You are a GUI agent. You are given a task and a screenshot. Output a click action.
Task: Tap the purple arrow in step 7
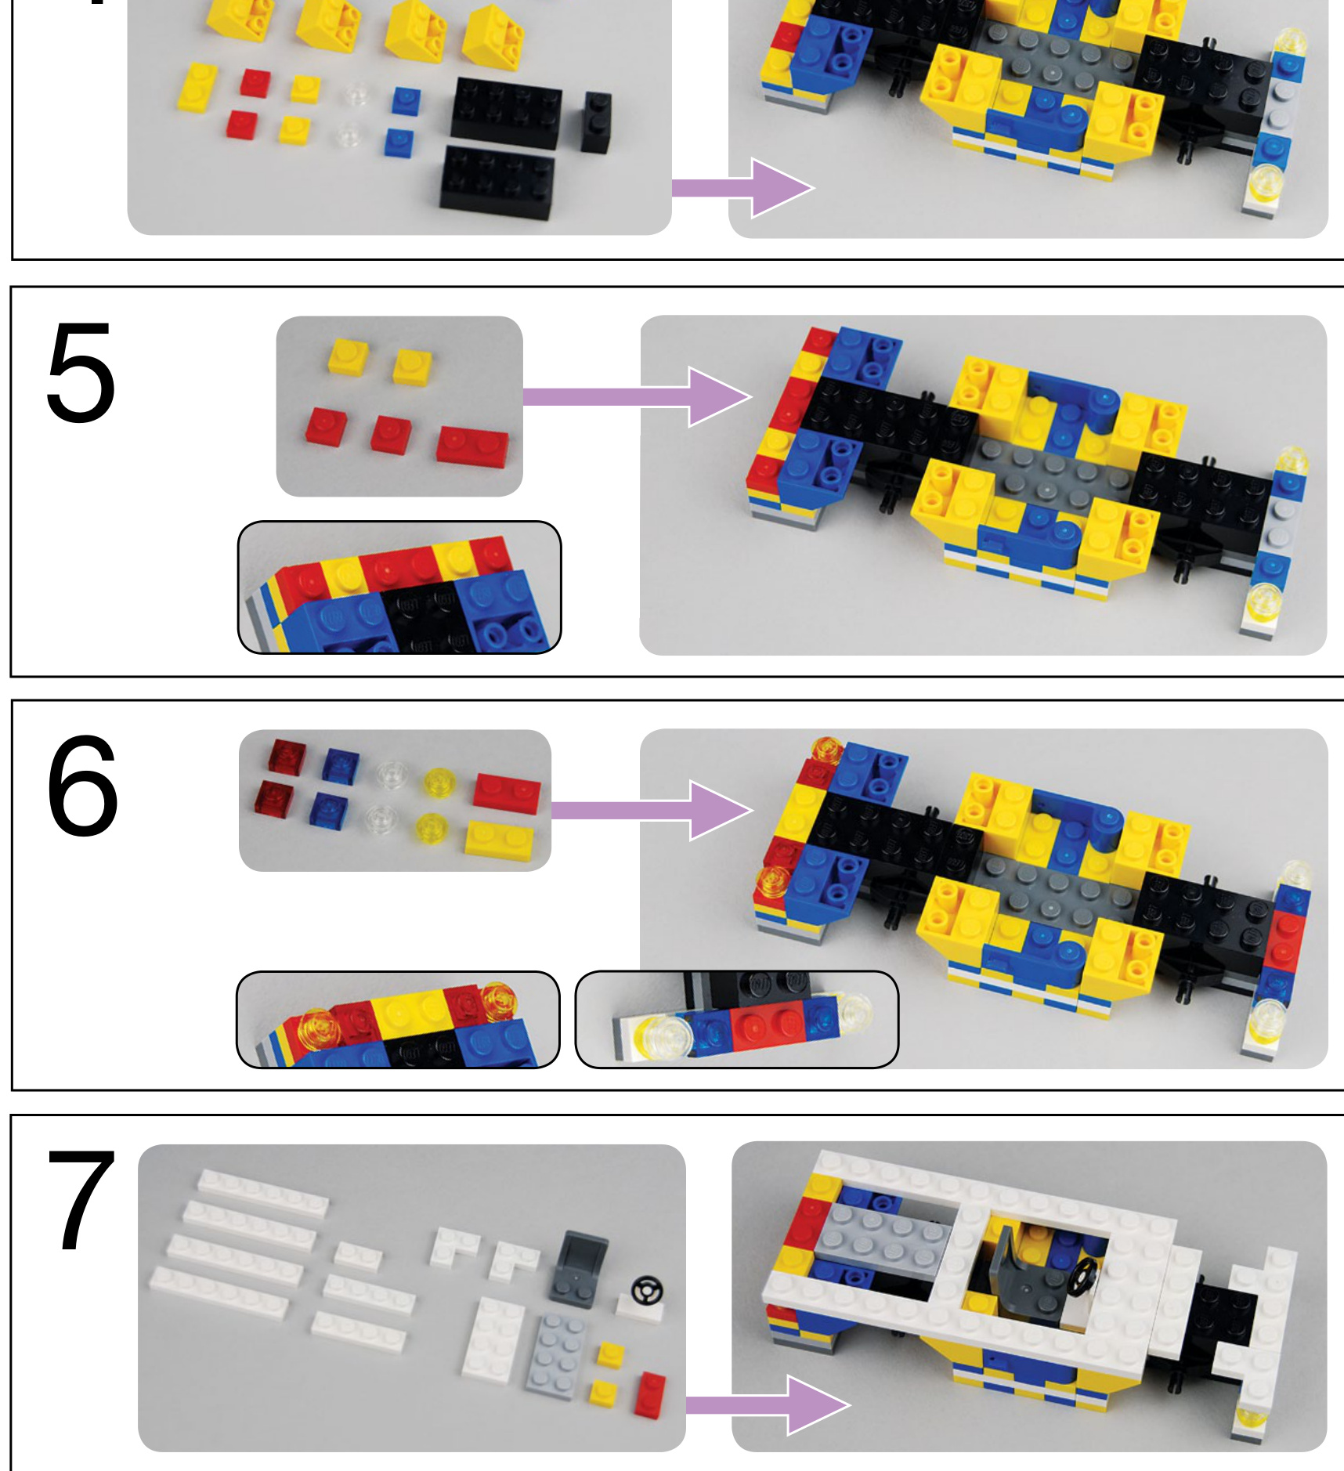(768, 1405)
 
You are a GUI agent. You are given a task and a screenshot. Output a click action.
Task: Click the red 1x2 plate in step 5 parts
(472, 447)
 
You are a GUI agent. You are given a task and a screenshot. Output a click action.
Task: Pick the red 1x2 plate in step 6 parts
(507, 793)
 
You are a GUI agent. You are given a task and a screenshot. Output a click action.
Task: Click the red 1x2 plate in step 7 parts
(650, 1392)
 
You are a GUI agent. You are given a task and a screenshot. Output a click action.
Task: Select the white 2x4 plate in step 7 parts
(493, 1337)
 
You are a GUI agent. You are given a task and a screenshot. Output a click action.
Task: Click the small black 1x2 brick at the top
(596, 121)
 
